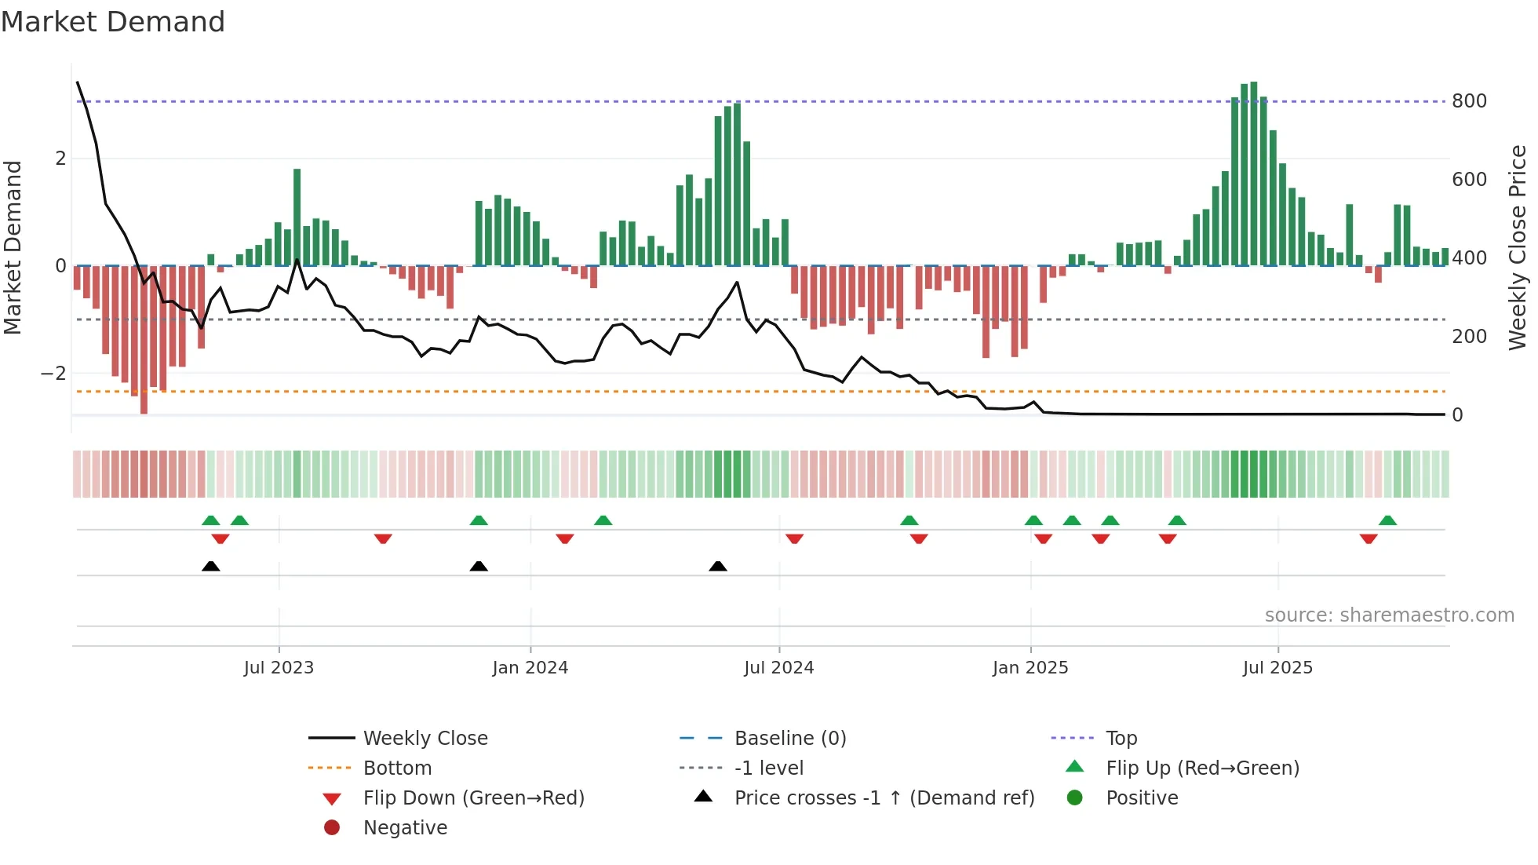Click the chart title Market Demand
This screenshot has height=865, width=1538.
pos(113,22)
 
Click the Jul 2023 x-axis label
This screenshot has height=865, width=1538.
pos(279,668)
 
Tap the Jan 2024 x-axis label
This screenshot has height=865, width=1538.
pos(530,668)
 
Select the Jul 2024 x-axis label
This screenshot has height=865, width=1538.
pos(778,668)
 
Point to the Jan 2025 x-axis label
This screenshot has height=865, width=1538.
pos(1030,668)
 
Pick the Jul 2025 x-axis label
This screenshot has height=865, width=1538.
pos(1277,668)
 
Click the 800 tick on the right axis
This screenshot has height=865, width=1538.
pos(1469,101)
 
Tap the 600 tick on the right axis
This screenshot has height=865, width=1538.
pos(1469,180)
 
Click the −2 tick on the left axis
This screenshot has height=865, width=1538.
pos(53,374)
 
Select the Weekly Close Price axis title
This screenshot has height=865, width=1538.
pos(1518,247)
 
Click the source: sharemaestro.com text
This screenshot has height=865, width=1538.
pos(1389,615)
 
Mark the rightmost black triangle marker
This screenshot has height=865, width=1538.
pos(717,567)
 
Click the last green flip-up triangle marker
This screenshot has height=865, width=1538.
pos(1387,520)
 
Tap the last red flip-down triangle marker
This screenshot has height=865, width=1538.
pos(1369,538)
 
